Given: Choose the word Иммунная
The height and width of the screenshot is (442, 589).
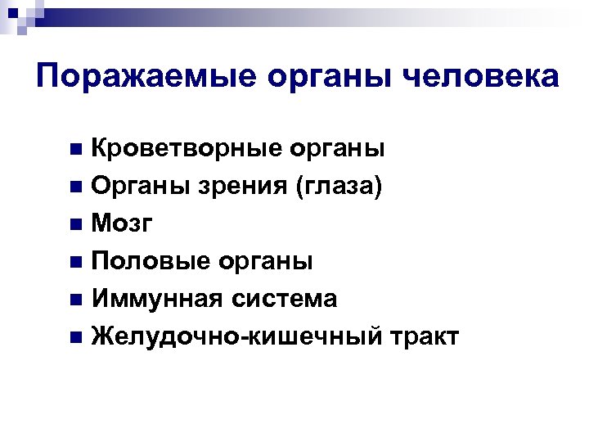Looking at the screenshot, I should (x=155, y=300).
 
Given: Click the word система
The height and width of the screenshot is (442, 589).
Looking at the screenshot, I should (x=281, y=300).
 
